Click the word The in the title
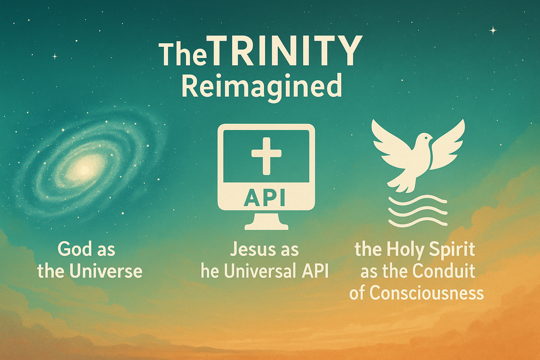click(x=183, y=54)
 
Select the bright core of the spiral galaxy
click(x=83, y=169)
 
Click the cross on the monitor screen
click(x=266, y=156)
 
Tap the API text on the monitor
click(x=265, y=197)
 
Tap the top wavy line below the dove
click(x=418, y=200)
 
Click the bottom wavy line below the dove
click(x=418, y=222)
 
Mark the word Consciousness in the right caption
click(x=427, y=293)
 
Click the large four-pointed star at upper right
click(x=493, y=30)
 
